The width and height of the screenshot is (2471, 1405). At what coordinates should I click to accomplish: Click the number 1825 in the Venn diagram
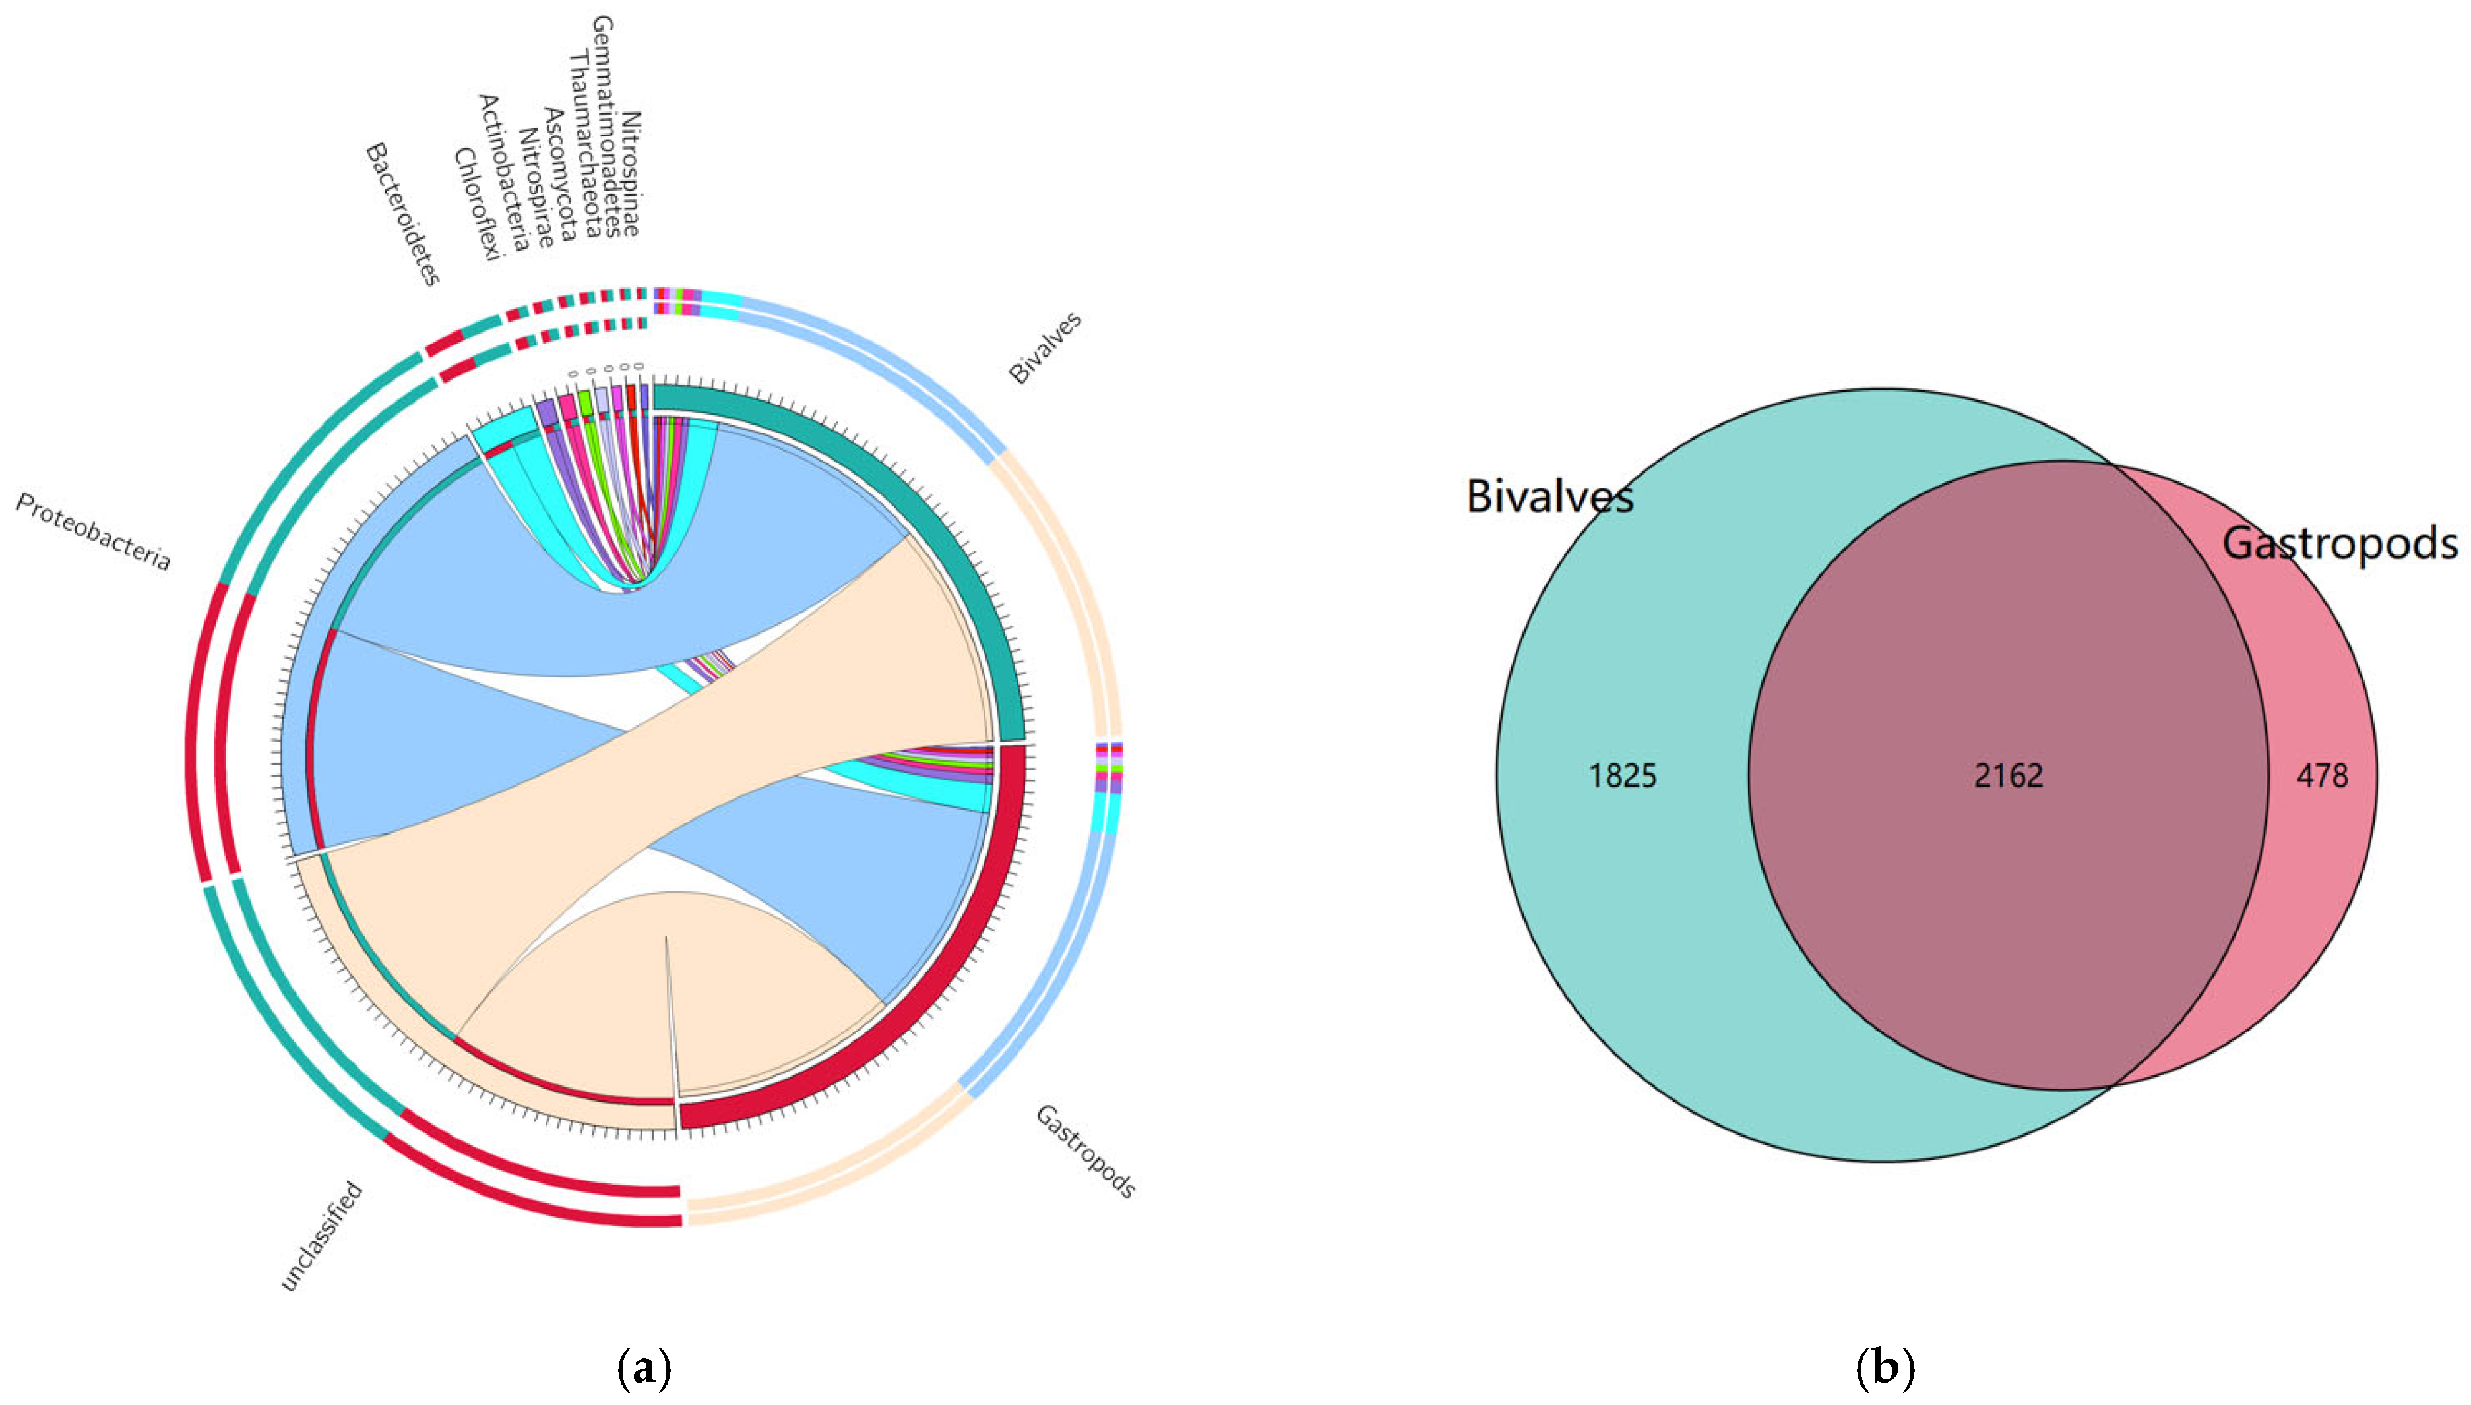tap(1623, 776)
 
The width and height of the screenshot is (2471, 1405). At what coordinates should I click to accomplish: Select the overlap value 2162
tap(2008, 776)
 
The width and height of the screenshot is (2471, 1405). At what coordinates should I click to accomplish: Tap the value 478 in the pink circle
tap(2321, 776)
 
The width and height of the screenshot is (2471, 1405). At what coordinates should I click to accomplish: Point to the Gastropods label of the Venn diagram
tap(2339, 544)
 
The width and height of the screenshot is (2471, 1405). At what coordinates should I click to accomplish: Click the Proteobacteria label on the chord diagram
tap(92, 533)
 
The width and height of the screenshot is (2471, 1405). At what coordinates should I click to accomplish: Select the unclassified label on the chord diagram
tap(321, 1236)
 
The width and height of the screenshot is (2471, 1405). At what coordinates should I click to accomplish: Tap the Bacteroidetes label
tap(402, 214)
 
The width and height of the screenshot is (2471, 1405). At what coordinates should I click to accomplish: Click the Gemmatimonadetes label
tap(605, 125)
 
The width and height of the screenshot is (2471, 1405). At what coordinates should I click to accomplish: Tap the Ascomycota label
tap(560, 173)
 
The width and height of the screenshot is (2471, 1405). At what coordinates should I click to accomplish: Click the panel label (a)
tap(643, 1368)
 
